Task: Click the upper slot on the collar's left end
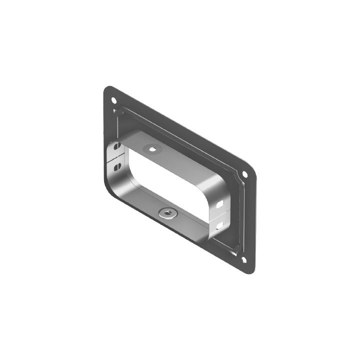117,147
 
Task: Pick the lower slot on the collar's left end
116,165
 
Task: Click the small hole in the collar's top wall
152,148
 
